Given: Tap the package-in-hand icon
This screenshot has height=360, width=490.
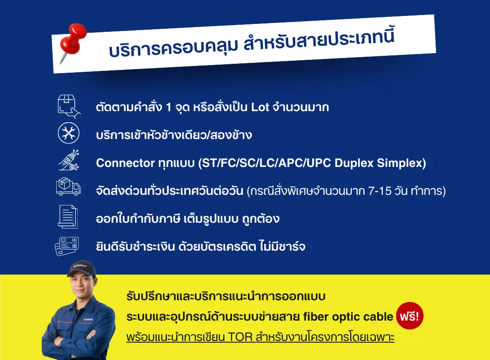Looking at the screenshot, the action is [69, 107].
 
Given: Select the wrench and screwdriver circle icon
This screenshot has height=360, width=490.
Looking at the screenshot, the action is [69, 133].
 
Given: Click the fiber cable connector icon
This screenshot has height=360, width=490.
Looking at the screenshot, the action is [69, 160].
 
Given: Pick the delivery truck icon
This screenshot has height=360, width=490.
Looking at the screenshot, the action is [69, 186].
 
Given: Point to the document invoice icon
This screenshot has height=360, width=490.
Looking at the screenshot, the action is [68, 217].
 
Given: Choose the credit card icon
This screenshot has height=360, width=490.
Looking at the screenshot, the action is [67, 246].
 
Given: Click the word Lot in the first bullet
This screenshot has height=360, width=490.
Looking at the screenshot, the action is [260, 107].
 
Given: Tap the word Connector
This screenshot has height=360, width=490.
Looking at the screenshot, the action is [125, 163].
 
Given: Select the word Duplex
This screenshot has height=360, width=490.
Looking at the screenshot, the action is [354, 163].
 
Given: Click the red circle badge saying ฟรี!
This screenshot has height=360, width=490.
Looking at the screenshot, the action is [410, 316].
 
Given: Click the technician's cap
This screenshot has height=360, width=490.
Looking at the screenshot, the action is [81, 268].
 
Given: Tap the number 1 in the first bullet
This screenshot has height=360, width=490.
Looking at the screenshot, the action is [169, 107].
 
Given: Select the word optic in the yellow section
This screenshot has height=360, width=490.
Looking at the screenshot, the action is [344, 317].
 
